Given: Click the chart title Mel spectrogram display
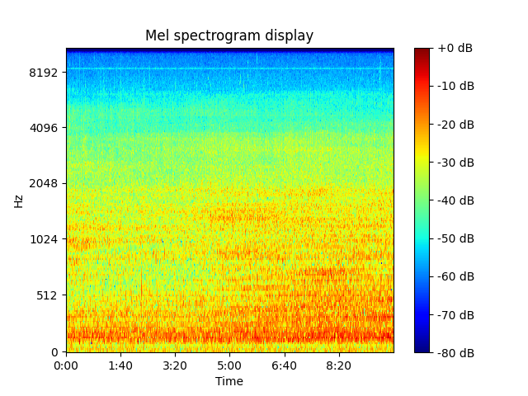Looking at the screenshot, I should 229,35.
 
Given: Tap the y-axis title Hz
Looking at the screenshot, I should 18,200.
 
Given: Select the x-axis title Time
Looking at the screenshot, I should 229,381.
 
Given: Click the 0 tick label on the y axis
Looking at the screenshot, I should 55,352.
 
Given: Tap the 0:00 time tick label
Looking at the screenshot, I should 66,365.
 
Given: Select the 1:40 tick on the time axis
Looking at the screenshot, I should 120,365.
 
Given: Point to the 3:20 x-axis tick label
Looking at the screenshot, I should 175,365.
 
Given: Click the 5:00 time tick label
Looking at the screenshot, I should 229,365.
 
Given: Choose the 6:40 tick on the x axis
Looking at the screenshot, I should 284,365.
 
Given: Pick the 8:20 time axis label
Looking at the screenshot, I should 338,365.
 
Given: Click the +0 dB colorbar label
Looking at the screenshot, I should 455,49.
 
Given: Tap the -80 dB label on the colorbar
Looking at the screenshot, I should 455,352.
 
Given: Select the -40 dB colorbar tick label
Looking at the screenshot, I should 455,200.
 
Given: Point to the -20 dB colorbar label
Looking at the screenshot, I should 455,125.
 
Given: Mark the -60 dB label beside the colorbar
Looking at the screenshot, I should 455,276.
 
